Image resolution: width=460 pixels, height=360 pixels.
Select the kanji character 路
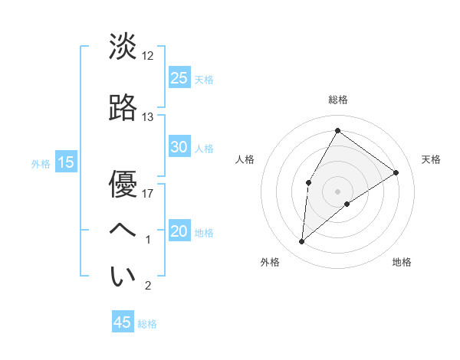123,106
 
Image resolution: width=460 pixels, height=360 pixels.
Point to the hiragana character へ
123,229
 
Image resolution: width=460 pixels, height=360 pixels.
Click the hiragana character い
123,276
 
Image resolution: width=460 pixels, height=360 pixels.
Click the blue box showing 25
179,77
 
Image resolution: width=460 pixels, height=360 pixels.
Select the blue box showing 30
179,147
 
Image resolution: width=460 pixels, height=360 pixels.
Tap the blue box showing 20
179,231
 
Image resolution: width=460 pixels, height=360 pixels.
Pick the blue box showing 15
65,162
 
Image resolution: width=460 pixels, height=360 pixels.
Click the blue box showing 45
123,322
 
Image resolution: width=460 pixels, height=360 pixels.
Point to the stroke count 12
148,55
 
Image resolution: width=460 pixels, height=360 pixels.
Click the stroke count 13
148,117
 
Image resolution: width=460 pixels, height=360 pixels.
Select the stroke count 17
148,193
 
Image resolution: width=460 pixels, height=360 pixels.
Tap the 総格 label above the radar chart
337,100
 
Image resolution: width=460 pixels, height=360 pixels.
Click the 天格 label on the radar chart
432,159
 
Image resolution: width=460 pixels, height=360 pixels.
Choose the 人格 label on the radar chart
245,159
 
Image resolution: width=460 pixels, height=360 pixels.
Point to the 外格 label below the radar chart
270,262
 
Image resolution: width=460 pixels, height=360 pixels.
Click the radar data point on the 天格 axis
396,172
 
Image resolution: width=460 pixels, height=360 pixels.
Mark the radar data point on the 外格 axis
302,242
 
